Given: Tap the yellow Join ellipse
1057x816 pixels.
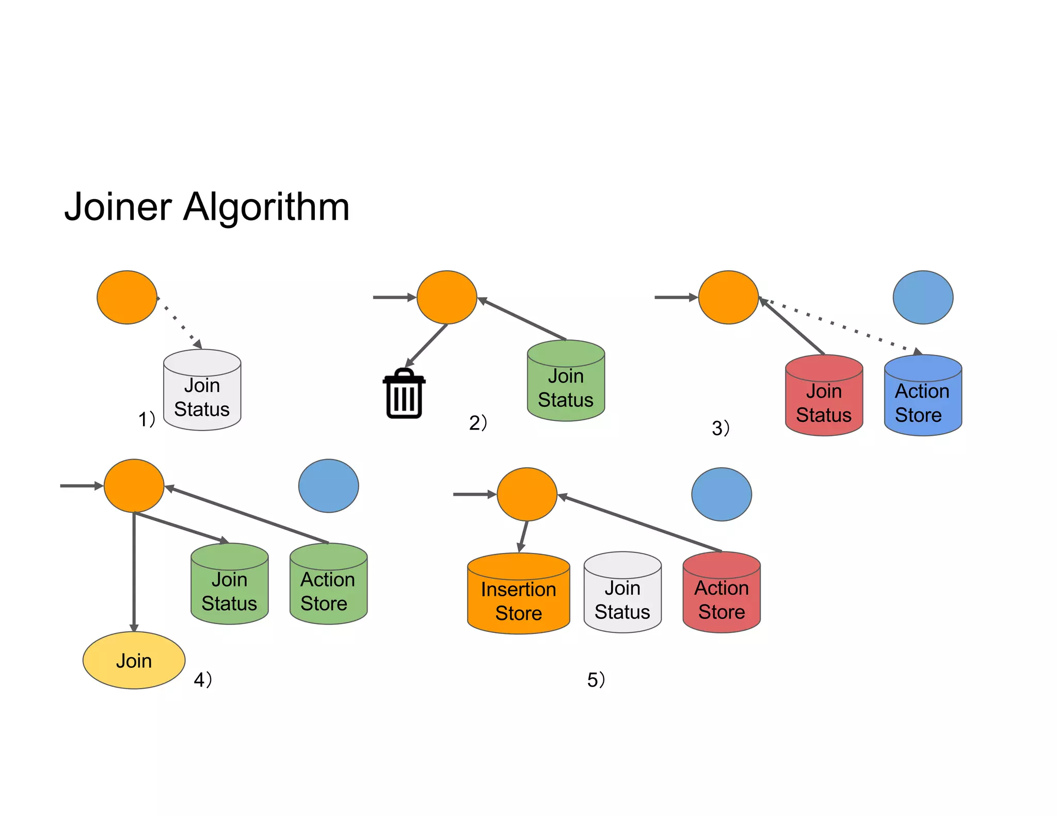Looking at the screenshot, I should point(134,661).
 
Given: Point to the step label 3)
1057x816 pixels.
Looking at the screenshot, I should point(720,428).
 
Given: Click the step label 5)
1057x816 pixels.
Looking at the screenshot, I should point(596,680).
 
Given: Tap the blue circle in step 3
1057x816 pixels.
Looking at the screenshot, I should point(923,298).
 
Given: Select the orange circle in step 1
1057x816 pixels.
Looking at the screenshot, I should point(127,298).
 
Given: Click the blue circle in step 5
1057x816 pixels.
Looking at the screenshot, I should point(721,495).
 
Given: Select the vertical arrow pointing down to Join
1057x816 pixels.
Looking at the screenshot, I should point(134,573).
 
